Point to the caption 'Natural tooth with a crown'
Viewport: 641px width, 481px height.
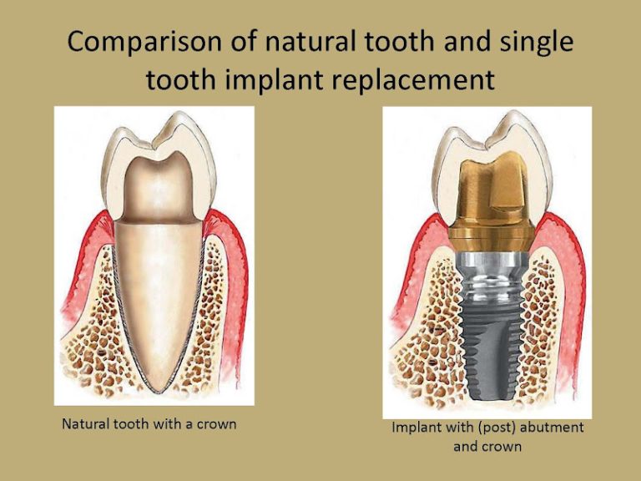(x=149, y=423)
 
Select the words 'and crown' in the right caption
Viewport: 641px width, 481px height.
(x=487, y=446)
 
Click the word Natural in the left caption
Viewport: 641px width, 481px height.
(x=87, y=423)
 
